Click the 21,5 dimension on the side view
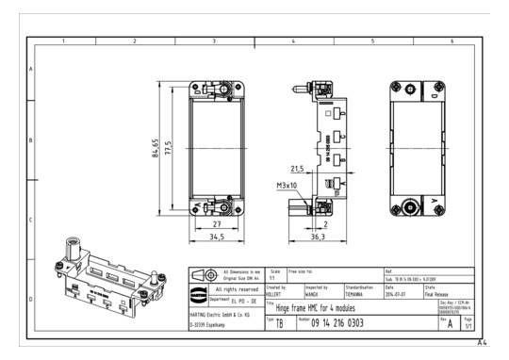297,170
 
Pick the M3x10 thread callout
287,186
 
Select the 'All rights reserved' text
237,289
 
